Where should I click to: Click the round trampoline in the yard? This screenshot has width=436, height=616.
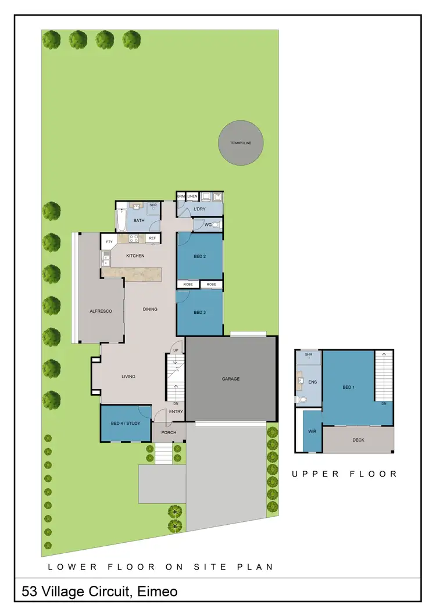coord(241,142)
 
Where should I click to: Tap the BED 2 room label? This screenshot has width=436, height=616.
coord(200,256)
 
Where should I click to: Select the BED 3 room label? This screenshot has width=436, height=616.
coord(200,313)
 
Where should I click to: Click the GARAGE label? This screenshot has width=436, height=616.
coord(231,379)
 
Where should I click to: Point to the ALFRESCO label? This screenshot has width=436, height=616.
coord(101,311)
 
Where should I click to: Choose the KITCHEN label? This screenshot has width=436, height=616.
coord(135,256)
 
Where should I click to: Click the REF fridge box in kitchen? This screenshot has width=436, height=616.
coord(152,238)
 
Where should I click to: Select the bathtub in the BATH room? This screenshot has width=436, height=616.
coord(121,220)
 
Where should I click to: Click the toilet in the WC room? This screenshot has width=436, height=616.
coord(216,225)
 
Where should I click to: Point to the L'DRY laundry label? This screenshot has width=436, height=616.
coord(200,209)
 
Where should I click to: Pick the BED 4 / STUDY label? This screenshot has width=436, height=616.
coord(126,423)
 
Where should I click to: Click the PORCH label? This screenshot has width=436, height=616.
coord(169,432)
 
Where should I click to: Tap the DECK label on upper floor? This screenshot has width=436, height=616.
coord(358,440)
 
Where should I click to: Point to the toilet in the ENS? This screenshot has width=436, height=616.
coord(302,399)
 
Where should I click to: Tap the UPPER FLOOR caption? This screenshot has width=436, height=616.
coord(345,474)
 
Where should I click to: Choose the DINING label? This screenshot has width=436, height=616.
coord(150,309)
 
